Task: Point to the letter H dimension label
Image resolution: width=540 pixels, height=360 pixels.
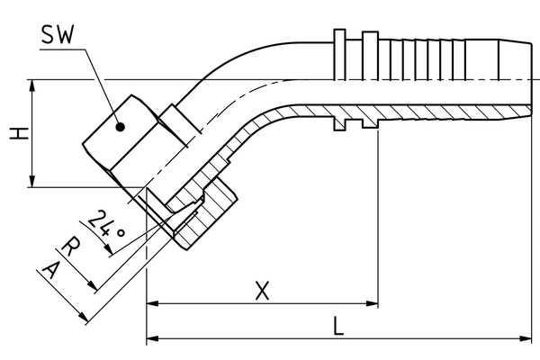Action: coord(16,134)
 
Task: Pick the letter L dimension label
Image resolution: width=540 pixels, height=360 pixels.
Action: coord(338,326)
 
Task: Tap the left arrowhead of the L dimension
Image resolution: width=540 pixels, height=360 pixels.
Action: coord(152,338)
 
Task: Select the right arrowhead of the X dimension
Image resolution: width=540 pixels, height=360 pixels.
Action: coord(372,304)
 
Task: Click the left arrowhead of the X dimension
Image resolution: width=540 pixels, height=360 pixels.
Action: coord(152,304)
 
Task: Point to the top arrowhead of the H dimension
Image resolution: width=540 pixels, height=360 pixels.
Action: coord(33,85)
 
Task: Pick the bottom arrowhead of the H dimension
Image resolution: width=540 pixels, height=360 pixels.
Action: coord(33,182)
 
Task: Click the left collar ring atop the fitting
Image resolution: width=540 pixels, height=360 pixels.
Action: coord(338,40)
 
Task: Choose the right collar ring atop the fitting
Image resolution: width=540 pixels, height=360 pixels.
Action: coord(370,40)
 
